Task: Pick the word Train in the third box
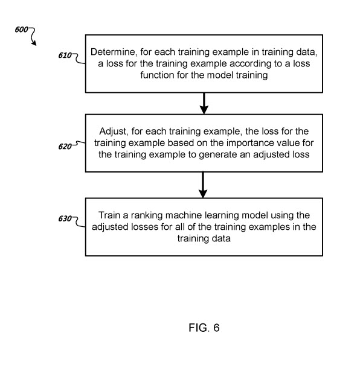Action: [109, 215]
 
